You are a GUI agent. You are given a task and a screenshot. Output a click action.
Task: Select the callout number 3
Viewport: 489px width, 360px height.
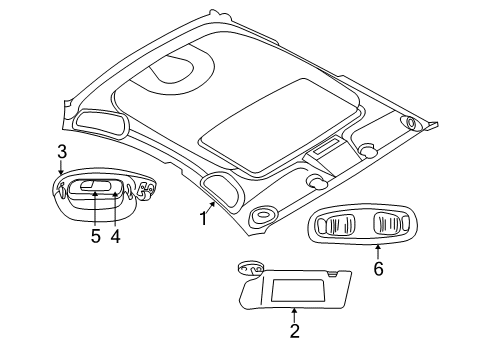pos(61,152)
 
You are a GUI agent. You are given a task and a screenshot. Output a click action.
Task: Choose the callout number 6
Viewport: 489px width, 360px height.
pos(378,270)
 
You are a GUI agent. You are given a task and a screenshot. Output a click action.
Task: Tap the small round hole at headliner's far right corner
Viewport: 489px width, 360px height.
pos(410,124)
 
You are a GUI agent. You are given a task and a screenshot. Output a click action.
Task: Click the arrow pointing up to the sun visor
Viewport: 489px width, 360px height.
pos(294,312)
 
